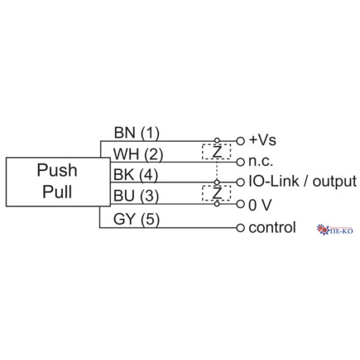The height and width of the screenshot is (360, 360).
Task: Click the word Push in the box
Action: tap(57, 171)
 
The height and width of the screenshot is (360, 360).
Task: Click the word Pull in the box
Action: tap(57, 191)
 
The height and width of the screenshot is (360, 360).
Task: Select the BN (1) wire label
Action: tap(137, 132)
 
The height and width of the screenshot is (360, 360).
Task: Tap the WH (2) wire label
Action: tap(138, 154)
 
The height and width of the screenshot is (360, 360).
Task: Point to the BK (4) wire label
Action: tap(137, 175)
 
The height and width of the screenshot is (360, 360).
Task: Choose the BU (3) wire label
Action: tap(137, 196)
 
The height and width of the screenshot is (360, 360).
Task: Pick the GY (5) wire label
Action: tap(137, 219)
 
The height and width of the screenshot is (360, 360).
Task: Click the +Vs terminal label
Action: tap(263, 141)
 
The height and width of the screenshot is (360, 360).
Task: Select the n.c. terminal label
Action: tap(260, 162)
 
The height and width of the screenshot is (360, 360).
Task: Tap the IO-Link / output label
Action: tap(302, 181)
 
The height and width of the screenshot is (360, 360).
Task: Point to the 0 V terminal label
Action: tap(260, 204)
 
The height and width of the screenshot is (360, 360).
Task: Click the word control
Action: tap(272, 228)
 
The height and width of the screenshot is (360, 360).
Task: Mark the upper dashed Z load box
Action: tap(217, 151)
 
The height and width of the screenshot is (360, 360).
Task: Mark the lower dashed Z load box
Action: tap(216, 193)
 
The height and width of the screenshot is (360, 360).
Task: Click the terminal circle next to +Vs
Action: tap(240, 141)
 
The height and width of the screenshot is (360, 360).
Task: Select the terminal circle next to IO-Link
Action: tap(240, 182)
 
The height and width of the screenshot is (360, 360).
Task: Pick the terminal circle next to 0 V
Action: tap(240, 204)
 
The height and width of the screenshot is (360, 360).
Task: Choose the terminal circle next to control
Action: tap(240, 228)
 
